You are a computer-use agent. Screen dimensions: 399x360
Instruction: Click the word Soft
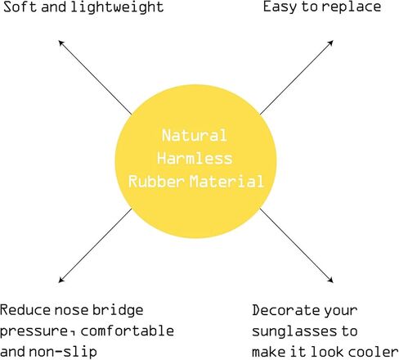pos(20,7)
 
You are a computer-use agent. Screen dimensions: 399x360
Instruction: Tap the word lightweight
pos(117,7)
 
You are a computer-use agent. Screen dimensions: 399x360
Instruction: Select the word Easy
pos(280,7)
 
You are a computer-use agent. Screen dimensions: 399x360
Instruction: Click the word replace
pos(352,7)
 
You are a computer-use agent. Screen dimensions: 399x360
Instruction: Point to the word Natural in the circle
pos(195,135)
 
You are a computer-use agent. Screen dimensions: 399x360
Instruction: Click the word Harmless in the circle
pos(195,158)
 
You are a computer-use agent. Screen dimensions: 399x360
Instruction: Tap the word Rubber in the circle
pos(156,181)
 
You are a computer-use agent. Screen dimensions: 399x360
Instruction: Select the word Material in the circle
pos(226,181)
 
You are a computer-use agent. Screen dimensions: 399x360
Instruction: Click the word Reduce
pos(25,310)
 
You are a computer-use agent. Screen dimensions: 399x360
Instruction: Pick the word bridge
pos(118,311)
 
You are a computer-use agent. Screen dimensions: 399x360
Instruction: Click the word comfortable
pos(128,331)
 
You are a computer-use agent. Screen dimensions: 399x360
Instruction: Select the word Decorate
pos(285,310)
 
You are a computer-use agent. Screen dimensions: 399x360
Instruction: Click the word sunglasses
pos(294,332)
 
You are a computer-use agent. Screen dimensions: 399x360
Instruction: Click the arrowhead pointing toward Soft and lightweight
pos(61,43)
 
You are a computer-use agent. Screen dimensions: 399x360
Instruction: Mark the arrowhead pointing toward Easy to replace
pos(330,43)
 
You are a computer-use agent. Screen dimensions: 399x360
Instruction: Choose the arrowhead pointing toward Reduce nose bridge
pos(61,280)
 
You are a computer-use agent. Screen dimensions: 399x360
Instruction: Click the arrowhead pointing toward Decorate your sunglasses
pos(330,280)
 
